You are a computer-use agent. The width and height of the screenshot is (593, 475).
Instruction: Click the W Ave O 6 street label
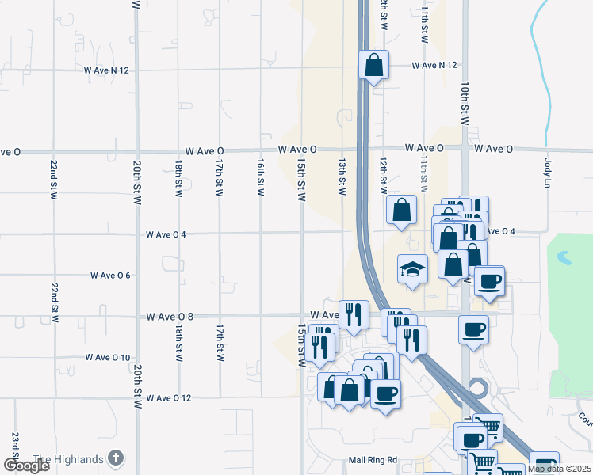point(110,275)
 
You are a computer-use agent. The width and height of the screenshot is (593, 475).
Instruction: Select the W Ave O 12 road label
point(169,397)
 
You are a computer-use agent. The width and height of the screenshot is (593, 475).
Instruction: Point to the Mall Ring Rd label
point(372,459)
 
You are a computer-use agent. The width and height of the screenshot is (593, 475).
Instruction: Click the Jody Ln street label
point(547,173)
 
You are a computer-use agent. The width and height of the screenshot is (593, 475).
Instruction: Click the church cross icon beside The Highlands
point(116,458)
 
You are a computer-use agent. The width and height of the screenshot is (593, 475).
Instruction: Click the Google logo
point(26,465)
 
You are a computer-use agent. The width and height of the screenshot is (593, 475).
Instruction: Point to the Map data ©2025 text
point(559,469)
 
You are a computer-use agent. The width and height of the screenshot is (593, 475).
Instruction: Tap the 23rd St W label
point(14,449)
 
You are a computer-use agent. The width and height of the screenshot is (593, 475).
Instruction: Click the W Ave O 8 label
point(170,317)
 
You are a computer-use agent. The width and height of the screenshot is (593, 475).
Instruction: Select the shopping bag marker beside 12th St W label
point(402,211)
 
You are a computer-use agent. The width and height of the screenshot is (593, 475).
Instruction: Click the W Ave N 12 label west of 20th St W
point(106,70)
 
